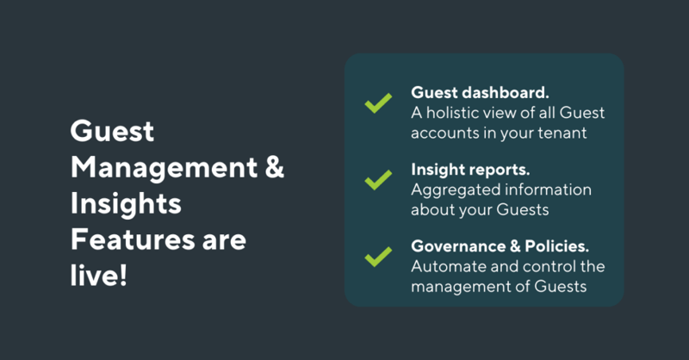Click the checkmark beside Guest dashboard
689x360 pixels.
pyautogui.click(x=378, y=103)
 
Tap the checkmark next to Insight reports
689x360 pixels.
pyautogui.click(x=378, y=180)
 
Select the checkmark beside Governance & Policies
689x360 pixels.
pyautogui.click(x=378, y=257)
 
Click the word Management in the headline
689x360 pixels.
pyautogui.click(x=164, y=169)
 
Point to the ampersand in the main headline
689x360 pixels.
pyautogui.click(x=275, y=167)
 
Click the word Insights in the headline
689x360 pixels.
pyautogui.click(x=126, y=204)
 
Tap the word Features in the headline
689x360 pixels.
pyautogui.click(x=133, y=239)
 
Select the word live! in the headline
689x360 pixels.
pyautogui.click(x=98, y=275)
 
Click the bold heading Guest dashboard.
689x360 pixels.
pyautogui.click(x=480, y=93)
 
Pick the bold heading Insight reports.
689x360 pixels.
pyautogui.click(x=470, y=170)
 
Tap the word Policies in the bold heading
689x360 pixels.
pyautogui.click(x=556, y=246)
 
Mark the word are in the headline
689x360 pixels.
pyautogui.click(x=224, y=241)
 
